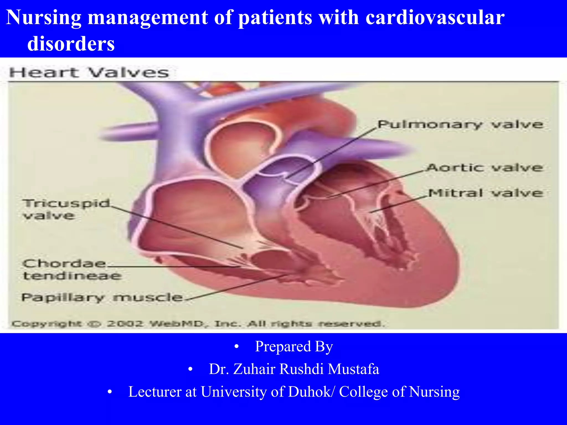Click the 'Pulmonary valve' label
tap(460, 125)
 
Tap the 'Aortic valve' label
tap(484, 168)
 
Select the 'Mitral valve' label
tap(486, 193)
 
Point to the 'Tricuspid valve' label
tap(66, 209)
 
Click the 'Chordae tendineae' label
tap(71, 269)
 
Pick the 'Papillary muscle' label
tap(102, 298)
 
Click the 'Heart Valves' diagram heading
tap(89, 73)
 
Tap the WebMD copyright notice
tap(198, 323)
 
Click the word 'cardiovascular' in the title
tap(435, 17)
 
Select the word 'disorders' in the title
tap(71, 44)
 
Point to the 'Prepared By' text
tap(294, 346)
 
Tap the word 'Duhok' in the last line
tap(309, 392)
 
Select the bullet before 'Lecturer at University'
tap(110, 392)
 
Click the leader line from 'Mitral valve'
tap(399, 204)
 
